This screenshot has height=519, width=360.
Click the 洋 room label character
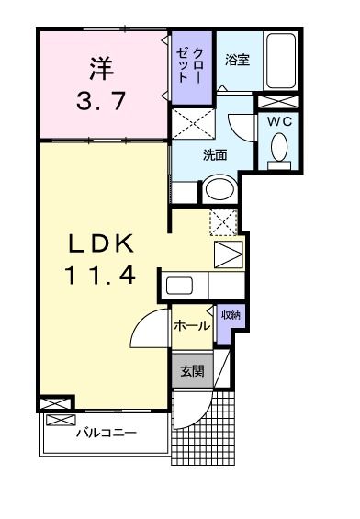coord(100,67)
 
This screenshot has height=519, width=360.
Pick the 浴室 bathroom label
coord(237,60)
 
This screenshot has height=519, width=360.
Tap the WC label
coord(280,119)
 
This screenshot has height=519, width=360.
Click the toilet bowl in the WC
coord(280,146)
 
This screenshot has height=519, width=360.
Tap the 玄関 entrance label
coord(192,371)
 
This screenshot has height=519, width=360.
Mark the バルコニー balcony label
coord(107,432)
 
